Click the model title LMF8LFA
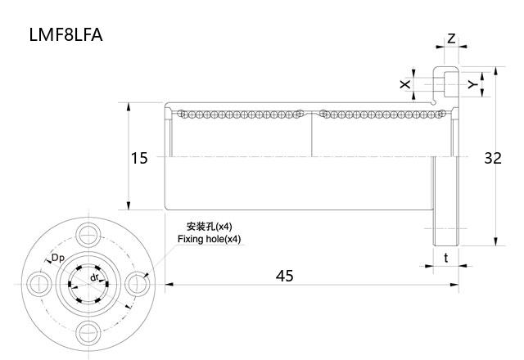(x=65, y=36)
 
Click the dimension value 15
(x=139, y=158)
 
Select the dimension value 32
(x=492, y=158)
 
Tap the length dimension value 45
(x=284, y=276)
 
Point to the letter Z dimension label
(x=451, y=39)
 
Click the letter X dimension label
(x=404, y=84)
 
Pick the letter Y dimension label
(x=472, y=84)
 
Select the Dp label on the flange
(x=58, y=259)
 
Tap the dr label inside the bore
(x=95, y=278)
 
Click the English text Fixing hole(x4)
(x=210, y=239)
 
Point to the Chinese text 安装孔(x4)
(x=210, y=227)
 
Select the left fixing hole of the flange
(x=38, y=283)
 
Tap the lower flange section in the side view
(x=446, y=225)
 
